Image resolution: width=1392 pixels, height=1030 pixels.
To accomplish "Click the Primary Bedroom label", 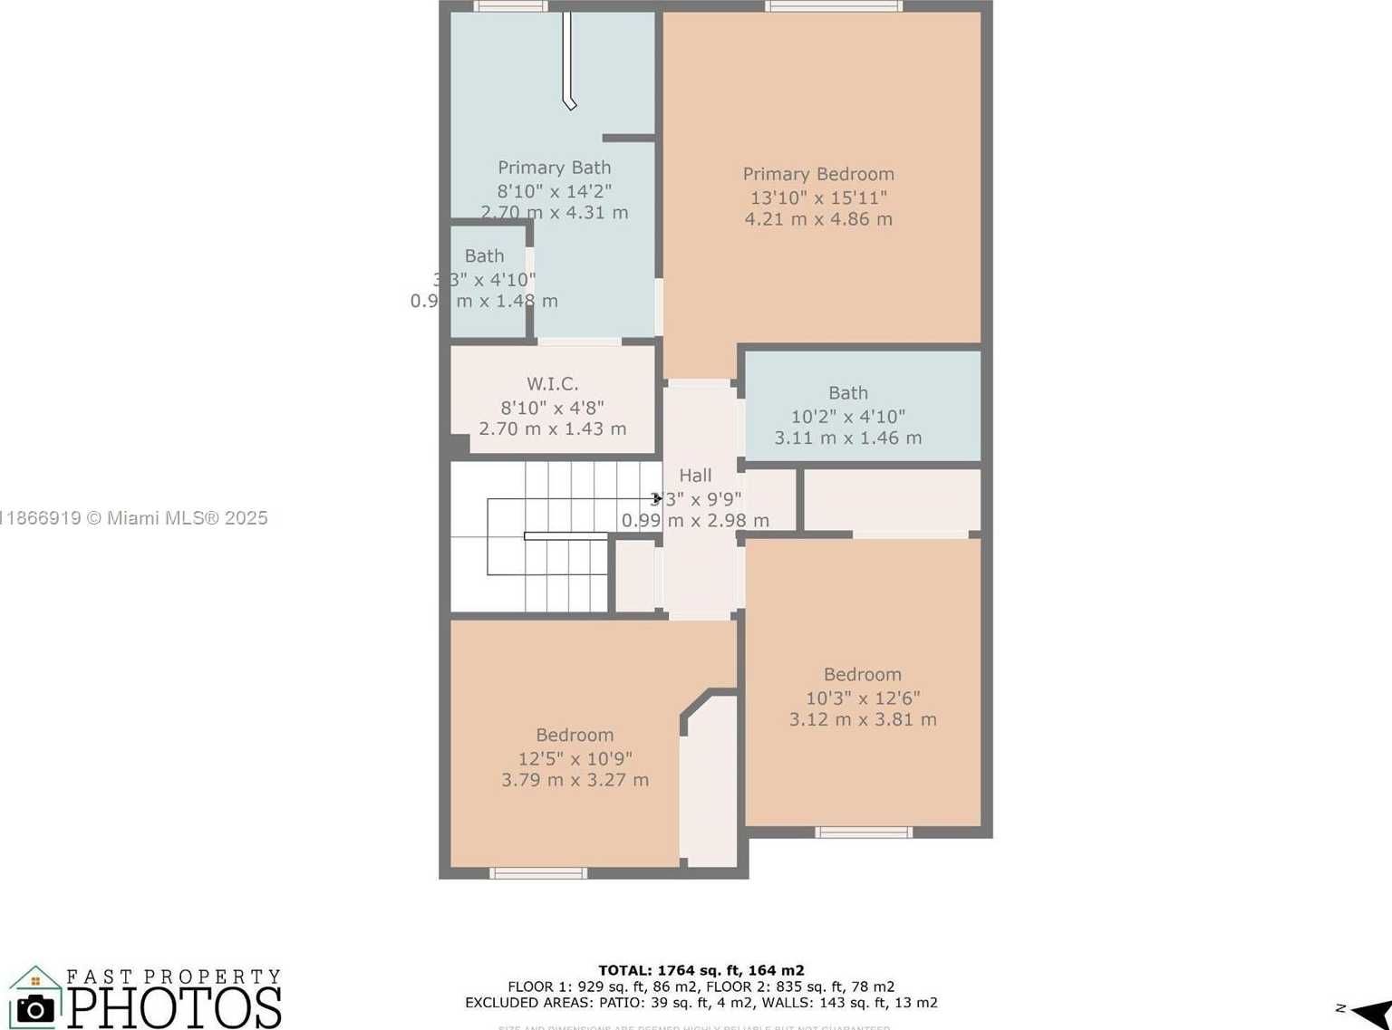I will click(x=818, y=174).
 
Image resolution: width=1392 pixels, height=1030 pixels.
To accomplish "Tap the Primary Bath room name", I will click(x=554, y=168).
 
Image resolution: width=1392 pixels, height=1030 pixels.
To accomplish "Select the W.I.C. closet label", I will click(x=552, y=384).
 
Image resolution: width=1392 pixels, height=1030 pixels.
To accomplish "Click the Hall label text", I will click(x=695, y=476).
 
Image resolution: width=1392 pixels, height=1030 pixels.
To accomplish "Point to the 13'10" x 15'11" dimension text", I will click(x=818, y=197).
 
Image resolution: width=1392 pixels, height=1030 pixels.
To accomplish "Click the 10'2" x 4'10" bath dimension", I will click(x=847, y=417).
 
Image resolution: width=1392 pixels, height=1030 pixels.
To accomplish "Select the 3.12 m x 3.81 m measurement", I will click(x=863, y=720).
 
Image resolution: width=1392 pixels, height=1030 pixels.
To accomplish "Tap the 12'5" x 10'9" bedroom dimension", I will click(x=575, y=759).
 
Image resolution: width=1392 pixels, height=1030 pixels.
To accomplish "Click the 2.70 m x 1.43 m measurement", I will click(x=552, y=429).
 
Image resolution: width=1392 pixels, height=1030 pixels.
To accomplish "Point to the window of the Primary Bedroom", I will click(x=833, y=6).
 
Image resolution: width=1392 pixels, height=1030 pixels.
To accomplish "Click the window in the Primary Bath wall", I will click(x=511, y=6).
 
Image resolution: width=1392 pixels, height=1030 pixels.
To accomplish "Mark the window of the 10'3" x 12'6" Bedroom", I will click(x=863, y=833).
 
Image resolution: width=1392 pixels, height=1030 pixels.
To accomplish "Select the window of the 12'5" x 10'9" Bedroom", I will click(x=538, y=873).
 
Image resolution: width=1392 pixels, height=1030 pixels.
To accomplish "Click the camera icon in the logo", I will click(x=35, y=1008).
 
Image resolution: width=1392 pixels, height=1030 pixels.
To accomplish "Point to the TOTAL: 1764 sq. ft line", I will click(x=701, y=971).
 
